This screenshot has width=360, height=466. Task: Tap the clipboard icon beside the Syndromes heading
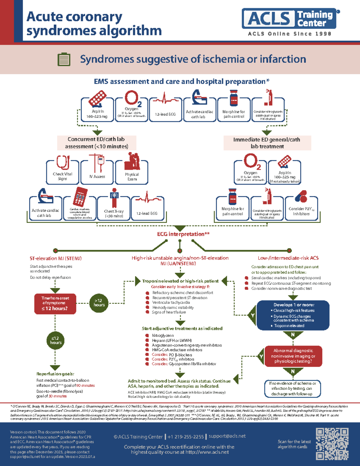tap(64, 59)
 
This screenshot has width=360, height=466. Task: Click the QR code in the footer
tap(332, 444)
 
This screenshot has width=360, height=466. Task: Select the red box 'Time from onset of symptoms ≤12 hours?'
tap(55, 304)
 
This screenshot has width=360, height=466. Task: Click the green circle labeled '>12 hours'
tap(99, 303)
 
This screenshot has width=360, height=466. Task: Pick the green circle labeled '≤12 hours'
tap(55, 341)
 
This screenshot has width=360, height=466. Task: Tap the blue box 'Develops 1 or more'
tap(293, 315)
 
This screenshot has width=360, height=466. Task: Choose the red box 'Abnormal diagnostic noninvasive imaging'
tap(293, 356)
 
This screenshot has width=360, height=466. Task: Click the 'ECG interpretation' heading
tap(183, 234)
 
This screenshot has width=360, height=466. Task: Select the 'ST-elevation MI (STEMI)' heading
tap(55, 258)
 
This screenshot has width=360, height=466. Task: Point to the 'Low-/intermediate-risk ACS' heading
tap(288, 258)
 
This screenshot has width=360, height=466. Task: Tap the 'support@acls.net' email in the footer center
tap(227, 436)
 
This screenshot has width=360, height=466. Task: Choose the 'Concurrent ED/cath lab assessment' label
tap(96, 143)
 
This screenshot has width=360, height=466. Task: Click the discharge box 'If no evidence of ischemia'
tap(292, 389)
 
